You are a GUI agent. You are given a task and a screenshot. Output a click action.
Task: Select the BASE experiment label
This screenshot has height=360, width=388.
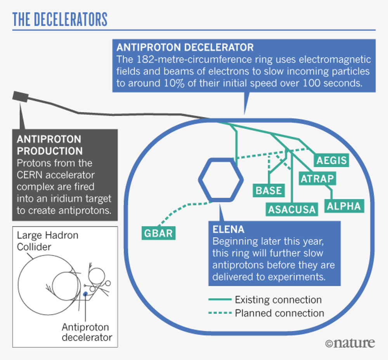pos(268,190)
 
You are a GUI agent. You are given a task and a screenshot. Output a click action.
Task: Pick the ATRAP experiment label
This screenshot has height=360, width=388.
pos(317,179)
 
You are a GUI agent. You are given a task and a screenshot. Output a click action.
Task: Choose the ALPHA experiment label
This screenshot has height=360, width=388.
pos(344,206)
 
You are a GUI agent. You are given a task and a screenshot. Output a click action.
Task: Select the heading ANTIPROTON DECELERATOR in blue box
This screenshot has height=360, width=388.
pos(185,47)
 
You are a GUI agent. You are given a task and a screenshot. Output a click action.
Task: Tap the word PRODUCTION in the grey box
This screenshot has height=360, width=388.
pos(50,151)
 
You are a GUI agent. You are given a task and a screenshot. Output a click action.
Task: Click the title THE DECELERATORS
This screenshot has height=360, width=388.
pos(60,19)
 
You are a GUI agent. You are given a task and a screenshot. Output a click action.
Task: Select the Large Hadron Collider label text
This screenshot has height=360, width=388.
pos(47,241)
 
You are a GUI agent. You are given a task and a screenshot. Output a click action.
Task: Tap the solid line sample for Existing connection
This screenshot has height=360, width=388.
pos(220,300)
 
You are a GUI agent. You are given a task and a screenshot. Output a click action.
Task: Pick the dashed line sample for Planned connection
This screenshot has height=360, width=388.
pos(220,313)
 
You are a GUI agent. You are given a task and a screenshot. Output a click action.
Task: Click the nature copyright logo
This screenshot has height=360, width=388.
pos(350,343)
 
